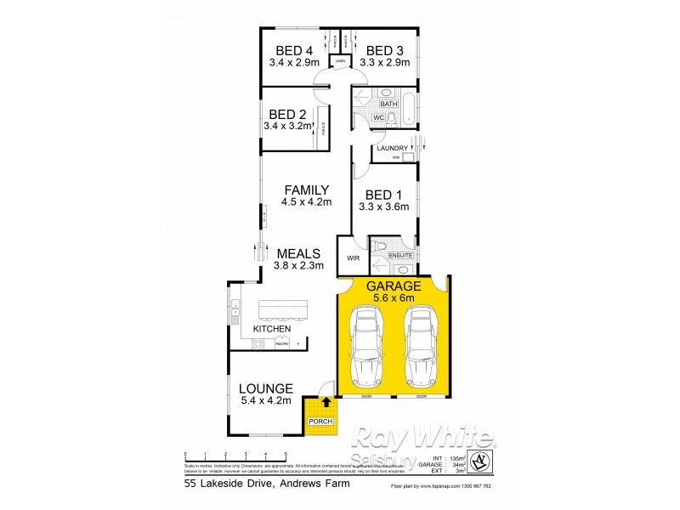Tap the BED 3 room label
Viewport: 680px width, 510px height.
(385, 50)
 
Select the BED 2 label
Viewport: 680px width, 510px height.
(287, 114)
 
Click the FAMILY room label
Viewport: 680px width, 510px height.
(306, 190)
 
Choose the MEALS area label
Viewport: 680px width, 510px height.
(297, 253)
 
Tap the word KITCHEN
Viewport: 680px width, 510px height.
(272, 329)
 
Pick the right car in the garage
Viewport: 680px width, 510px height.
(419, 347)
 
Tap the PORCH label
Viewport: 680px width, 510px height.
(321, 422)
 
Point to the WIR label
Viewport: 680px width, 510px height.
(352, 258)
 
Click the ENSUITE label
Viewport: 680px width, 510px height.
(400, 255)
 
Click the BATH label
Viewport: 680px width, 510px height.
(377, 104)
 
